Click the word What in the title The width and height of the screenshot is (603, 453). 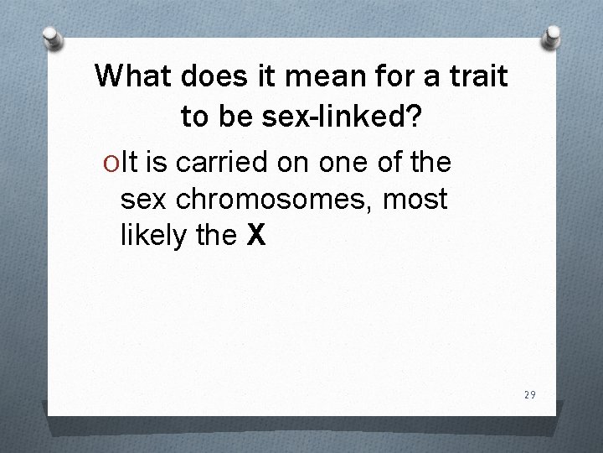(130, 76)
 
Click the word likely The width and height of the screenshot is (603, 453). (154, 237)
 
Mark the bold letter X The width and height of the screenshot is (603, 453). (256, 237)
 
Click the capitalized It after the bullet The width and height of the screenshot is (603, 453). (131, 160)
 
